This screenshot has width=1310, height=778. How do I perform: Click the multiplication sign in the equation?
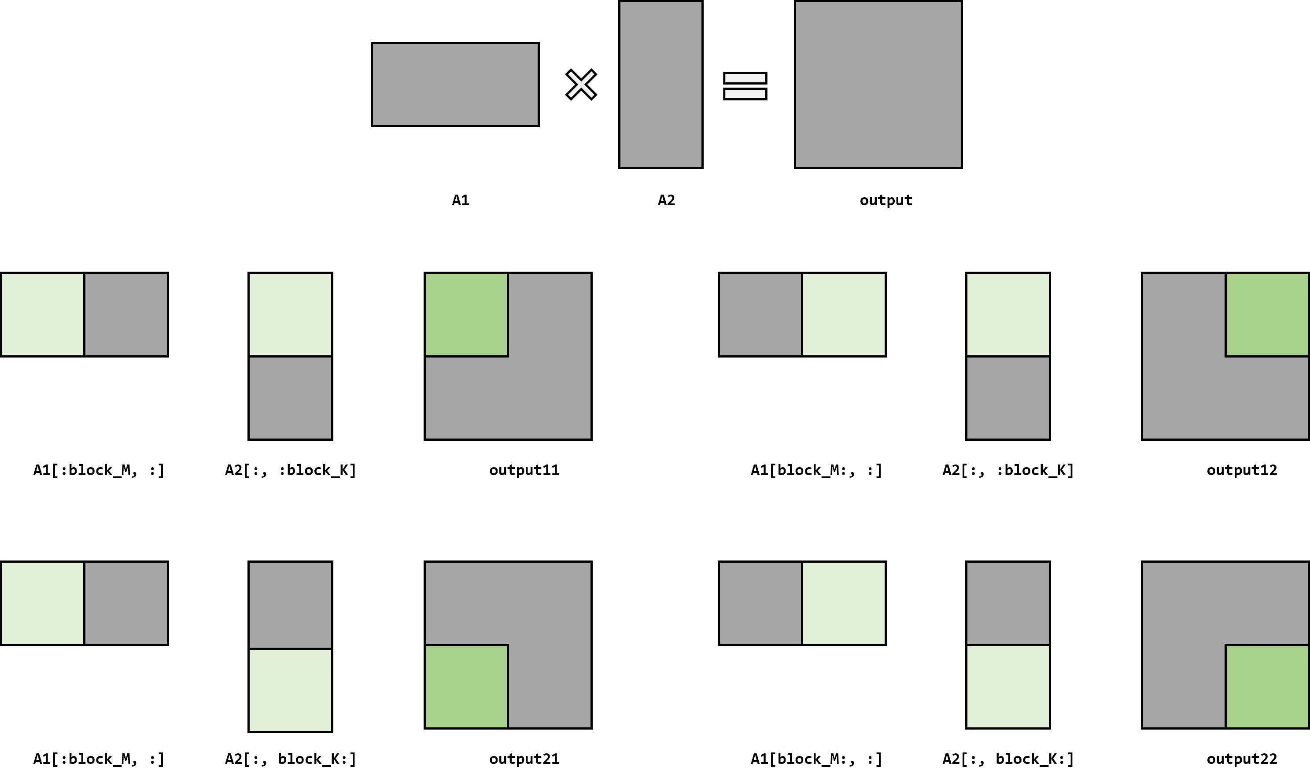(x=581, y=85)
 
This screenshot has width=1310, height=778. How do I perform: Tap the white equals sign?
(x=745, y=86)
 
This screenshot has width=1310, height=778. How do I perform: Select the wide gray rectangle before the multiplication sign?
(x=455, y=85)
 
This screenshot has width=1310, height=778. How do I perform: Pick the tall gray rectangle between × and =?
(x=661, y=85)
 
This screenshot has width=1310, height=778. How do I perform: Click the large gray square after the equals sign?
(x=878, y=85)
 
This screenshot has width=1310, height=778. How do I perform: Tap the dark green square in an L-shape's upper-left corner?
(x=466, y=314)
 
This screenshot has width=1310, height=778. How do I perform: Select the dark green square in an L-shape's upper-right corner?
(x=1266, y=314)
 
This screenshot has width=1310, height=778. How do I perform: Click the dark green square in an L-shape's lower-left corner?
(x=466, y=686)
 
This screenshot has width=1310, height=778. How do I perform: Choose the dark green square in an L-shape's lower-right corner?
(x=1266, y=686)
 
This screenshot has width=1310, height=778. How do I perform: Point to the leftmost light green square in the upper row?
(x=42, y=314)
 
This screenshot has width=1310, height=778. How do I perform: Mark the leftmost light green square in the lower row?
(x=42, y=603)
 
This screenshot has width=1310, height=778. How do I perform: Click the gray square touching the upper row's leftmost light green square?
(x=126, y=314)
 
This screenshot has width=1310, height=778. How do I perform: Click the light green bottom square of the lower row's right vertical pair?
(x=1007, y=686)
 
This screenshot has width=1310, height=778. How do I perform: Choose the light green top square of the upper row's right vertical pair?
(x=1007, y=314)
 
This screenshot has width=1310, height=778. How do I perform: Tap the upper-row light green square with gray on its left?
(x=843, y=314)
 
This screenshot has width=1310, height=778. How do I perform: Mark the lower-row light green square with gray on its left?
(x=843, y=603)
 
